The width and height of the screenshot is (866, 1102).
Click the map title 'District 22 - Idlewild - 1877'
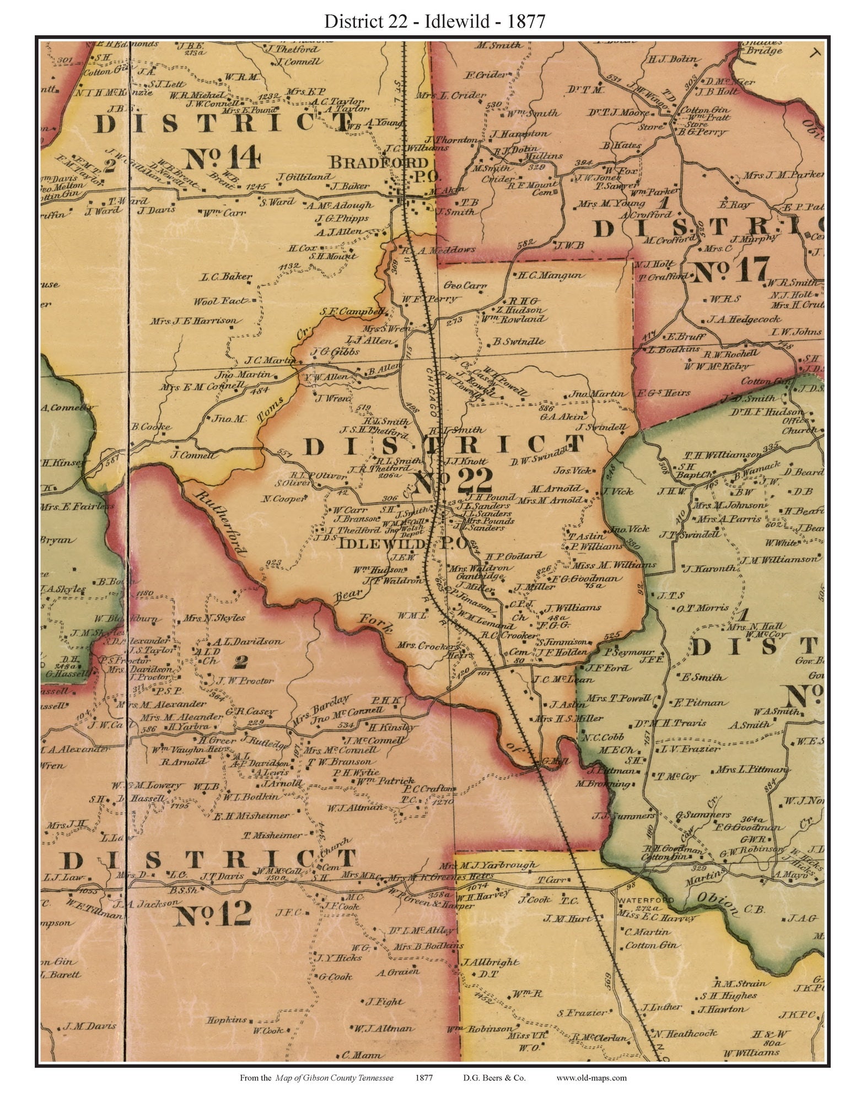pos(434,21)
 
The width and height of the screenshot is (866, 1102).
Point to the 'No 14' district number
pos(222,158)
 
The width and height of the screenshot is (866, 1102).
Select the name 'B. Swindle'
pos(519,342)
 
